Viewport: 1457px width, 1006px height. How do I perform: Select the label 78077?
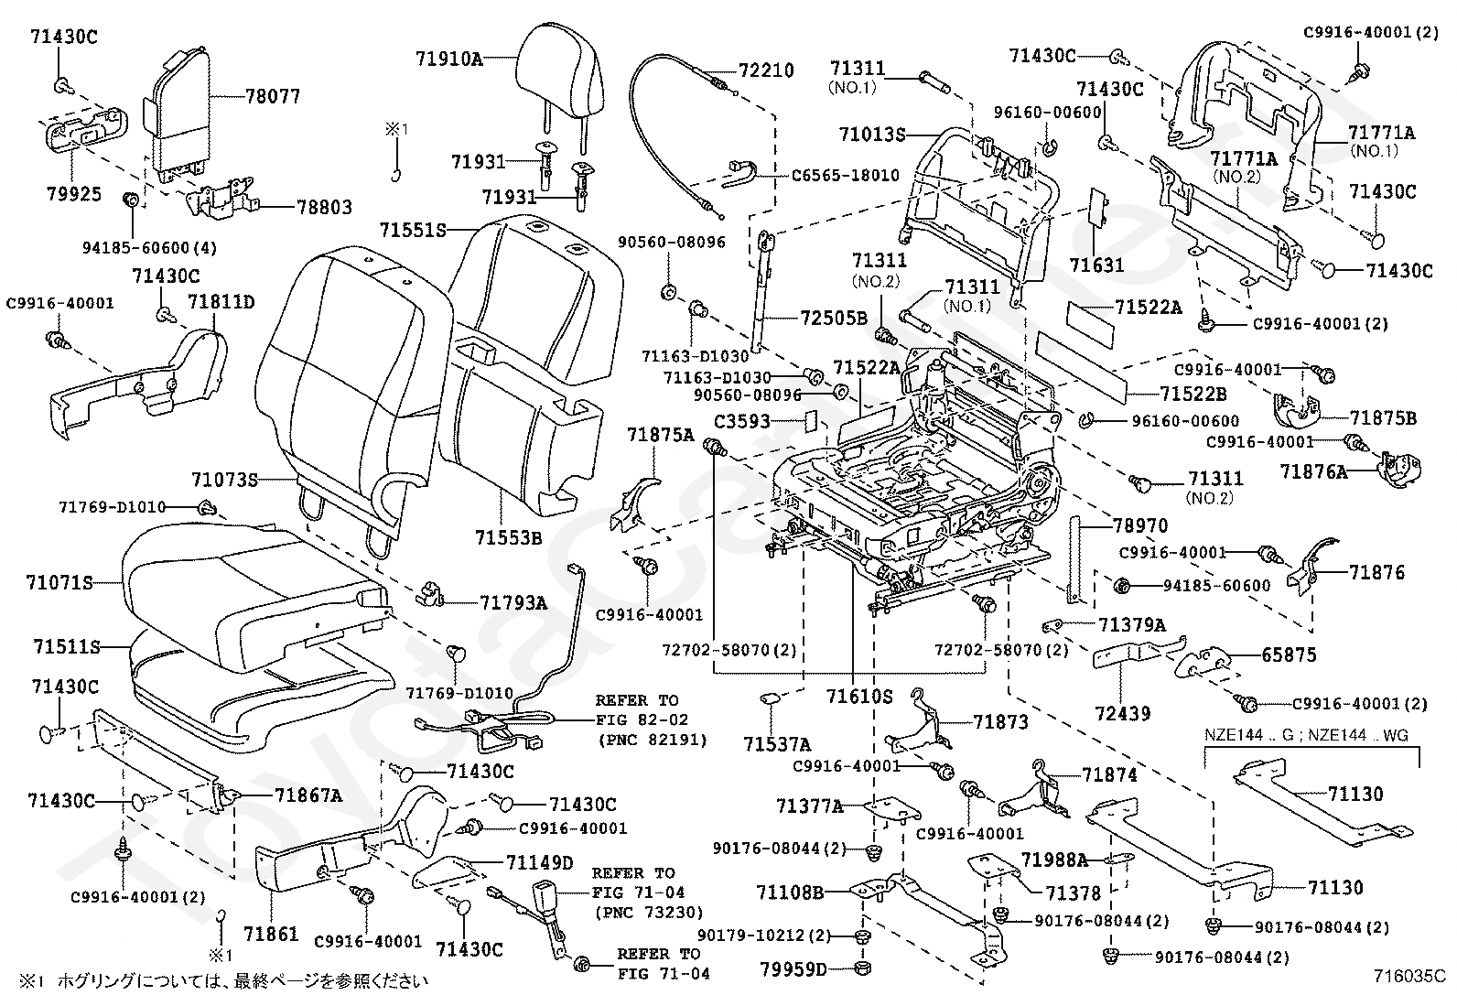tap(273, 96)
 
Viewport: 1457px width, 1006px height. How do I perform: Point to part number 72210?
tap(766, 70)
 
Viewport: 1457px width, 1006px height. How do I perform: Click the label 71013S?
tap(871, 135)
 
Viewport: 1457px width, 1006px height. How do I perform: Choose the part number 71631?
tap(1096, 266)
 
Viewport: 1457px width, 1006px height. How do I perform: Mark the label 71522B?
tap(1193, 394)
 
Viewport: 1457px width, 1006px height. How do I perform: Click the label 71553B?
tap(508, 537)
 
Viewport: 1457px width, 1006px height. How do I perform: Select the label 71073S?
tap(224, 479)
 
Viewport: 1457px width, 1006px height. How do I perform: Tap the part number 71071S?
tap(59, 581)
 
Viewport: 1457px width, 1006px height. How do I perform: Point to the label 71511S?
tap(66, 647)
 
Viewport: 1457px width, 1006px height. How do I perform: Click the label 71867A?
tap(308, 795)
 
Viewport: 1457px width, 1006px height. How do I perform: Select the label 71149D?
tap(539, 862)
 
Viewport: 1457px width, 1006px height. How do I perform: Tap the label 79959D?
tap(793, 968)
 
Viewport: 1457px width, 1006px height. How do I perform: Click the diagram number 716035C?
tap(1408, 978)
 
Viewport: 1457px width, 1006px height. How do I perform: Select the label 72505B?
tap(834, 319)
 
